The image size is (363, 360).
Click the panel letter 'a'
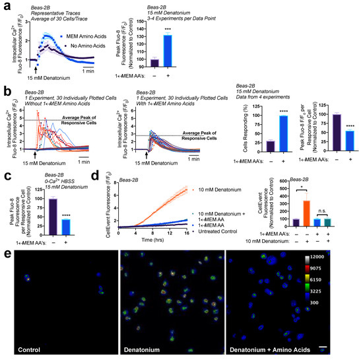point(5,6)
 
